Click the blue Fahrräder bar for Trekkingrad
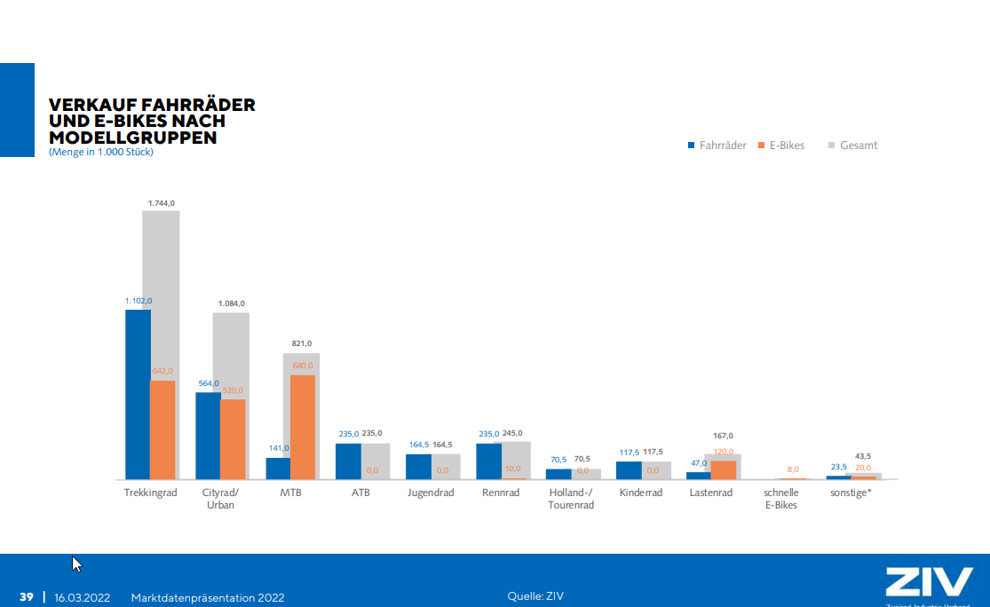click(x=138, y=394)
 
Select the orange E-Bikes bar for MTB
click(x=303, y=427)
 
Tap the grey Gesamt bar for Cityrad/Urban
click(x=238, y=355)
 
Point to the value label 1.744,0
click(x=161, y=203)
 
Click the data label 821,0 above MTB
click(x=303, y=343)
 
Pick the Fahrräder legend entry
click(x=717, y=146)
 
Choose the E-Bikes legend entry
click(x=781, y=146)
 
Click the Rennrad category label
click(x=501, y=493)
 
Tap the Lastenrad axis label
click(x=711, y=493)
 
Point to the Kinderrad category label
click(x=641, y=493)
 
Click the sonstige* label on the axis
click(x=851, y=493)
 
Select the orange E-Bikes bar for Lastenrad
click(x=724, y=469)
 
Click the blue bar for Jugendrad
click(x=418, y=467)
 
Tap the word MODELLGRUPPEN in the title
click(x=133, y=138)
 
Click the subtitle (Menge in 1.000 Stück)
click(x=101, y=152)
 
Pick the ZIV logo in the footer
click(x=928, y=583)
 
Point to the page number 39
click(x=27, y=597)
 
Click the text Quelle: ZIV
click(x=535, y=596)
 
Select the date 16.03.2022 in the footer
click(x=82, y=597)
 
